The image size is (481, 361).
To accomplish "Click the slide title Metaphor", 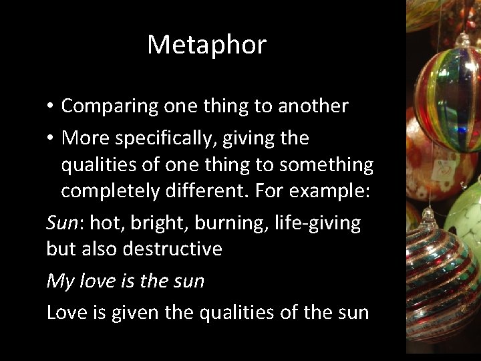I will coord(206,45).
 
